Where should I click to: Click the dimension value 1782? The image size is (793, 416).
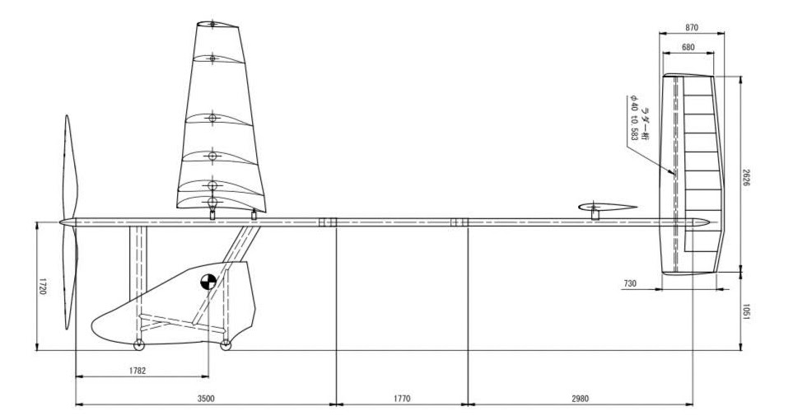[137, 371]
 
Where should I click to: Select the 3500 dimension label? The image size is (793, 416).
[206, 398]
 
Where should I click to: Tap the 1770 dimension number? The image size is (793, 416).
[402, 398]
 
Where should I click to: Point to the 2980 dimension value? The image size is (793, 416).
[580, 398]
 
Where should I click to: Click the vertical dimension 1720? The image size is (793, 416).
[43, 286]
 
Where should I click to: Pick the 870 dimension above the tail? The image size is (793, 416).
[692, 27]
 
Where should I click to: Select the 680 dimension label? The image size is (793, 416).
[688, 47]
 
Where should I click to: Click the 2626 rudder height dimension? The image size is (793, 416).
[746, 176]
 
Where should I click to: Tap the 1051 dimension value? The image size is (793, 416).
[746, 311]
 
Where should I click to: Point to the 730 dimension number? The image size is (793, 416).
[630, 284]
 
